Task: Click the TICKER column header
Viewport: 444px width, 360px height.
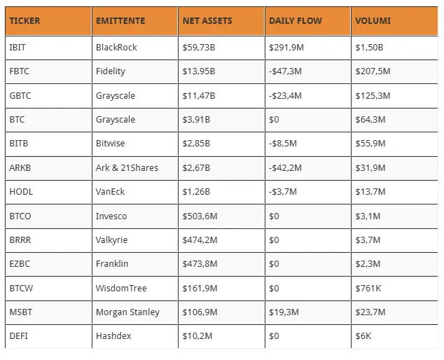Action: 25,21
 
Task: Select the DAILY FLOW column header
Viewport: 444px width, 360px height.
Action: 296,21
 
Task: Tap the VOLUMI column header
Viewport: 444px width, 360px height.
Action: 373,21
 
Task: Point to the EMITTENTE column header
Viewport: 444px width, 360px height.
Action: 120,21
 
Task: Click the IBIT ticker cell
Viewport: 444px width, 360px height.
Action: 18,48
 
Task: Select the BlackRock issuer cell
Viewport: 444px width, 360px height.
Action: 116,48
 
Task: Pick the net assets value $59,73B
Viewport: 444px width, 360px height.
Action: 199,48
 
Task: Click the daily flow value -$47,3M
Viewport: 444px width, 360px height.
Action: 285,71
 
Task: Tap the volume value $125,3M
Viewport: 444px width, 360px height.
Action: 373,96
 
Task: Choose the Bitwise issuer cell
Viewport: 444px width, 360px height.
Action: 110,144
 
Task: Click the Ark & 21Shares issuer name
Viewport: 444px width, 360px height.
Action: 127,167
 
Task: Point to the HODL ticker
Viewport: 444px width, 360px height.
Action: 21,192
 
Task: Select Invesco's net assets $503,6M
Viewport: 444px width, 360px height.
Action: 200,216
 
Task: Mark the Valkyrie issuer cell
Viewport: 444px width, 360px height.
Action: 111,240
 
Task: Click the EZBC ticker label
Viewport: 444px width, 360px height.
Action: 20,264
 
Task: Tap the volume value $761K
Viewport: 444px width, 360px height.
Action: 368,289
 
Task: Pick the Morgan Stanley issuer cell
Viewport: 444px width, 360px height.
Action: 127,312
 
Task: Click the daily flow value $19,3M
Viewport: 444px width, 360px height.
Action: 284,312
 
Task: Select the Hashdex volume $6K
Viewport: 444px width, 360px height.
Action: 363,336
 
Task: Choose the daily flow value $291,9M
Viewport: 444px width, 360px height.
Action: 286,48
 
